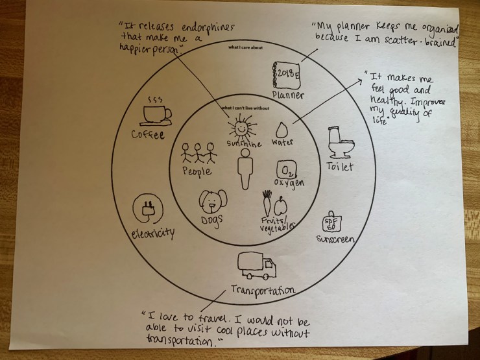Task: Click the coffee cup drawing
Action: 156,115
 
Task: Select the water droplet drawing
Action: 282,130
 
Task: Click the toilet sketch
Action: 341,143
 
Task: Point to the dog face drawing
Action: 213,202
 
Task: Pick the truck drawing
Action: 257,266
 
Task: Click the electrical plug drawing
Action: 148,208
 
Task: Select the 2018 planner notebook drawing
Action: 286,75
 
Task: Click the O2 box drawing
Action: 287,170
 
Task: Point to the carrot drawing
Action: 267,203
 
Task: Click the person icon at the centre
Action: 245,169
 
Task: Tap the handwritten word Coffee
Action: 148,134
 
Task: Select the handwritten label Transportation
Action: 263,290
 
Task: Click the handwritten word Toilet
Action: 340,166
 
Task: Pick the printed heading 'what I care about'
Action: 245,47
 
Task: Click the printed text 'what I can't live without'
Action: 245,108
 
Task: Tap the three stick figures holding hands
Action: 198,152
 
